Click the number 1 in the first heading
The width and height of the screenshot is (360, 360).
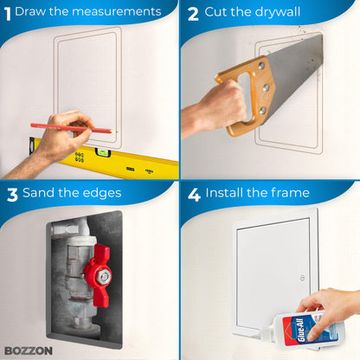tap(8, 12)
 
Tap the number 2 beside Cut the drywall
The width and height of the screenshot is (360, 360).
tap(192, 13)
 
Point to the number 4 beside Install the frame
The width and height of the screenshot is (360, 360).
tap(194, 193)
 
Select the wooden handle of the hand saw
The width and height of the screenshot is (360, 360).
tap(244, 95)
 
